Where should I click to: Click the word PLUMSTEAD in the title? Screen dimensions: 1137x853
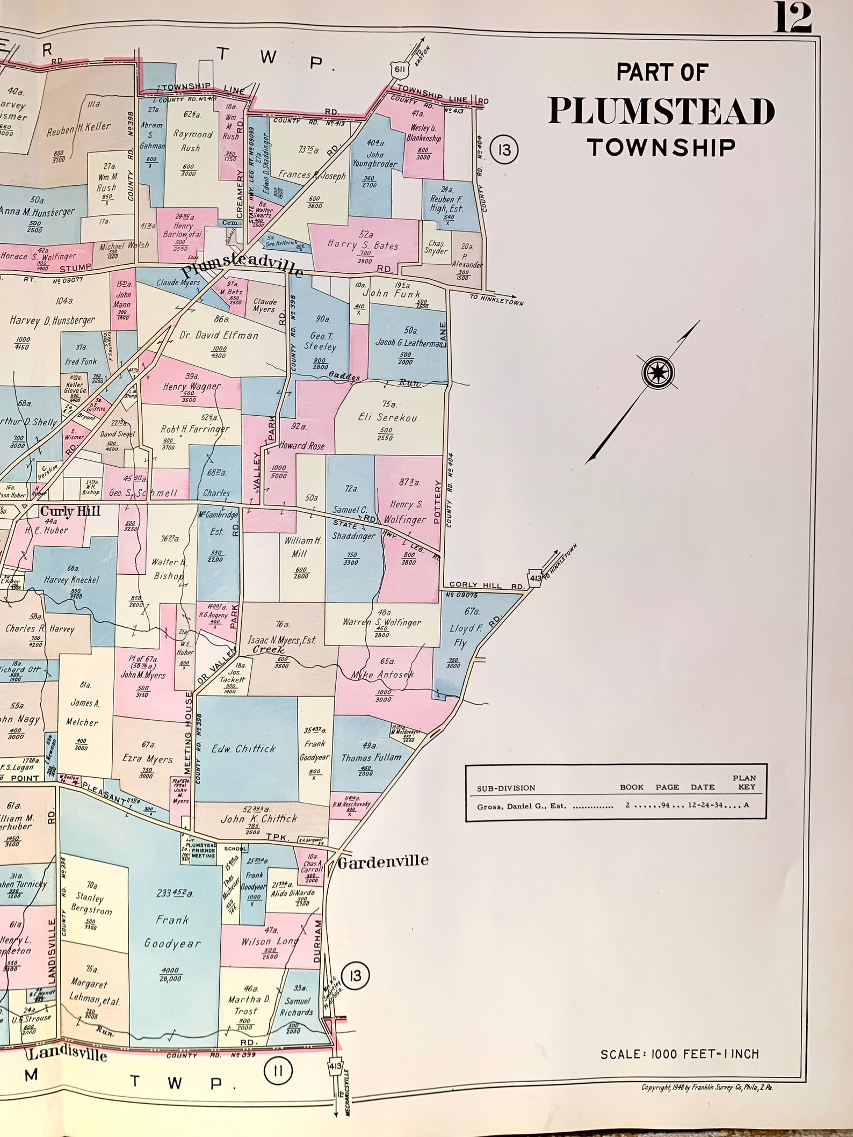click(661, 111)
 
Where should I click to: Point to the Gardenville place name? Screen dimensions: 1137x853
click(383, 861)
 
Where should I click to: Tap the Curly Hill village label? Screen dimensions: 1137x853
click(70, 511)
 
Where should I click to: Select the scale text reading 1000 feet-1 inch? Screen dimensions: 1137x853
click(679, 1054)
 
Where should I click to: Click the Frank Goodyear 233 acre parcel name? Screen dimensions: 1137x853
click(172, 932)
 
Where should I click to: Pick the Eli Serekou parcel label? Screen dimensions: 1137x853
click(387, 417)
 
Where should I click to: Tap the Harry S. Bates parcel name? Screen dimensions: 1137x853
click(363, 245)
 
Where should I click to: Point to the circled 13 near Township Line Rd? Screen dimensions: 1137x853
click(504, 150)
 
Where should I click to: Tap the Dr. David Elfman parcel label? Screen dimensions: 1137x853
click(219, 335)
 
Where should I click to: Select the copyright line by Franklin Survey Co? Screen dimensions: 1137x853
click(707, 1088)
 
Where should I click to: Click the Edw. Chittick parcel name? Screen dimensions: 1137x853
click(244, 749)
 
